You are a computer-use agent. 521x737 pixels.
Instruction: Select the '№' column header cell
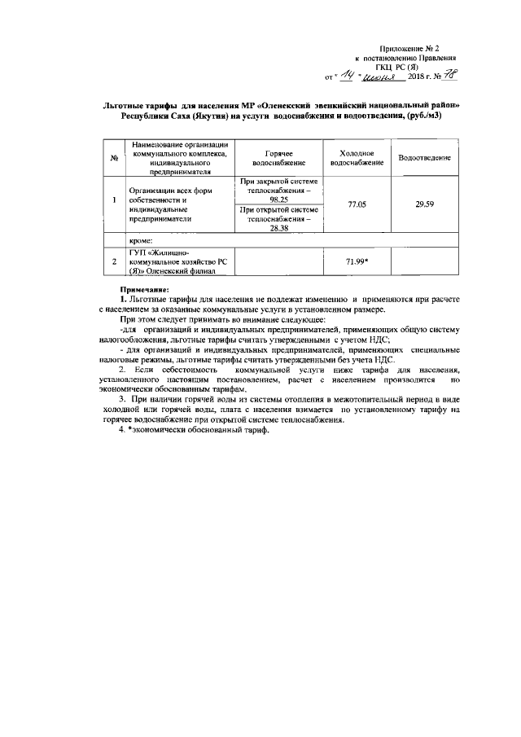[115, 158]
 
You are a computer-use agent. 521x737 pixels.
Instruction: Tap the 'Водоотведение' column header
[425, 158]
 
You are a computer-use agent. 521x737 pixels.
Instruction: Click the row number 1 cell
[115, 200]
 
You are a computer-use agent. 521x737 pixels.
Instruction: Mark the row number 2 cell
[115, 261]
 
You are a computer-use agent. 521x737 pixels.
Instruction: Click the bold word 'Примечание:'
[143, 289]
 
